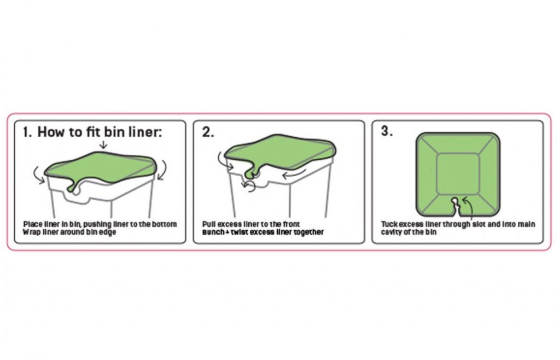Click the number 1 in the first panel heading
pyautogui.click(x=26, y=133)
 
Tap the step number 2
pyautogui.click(x=208, y=133)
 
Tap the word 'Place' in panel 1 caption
pyautogui.click(x=32, y=224)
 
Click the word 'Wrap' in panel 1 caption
pyautogui.click(x=31, y=232)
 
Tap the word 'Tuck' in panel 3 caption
pyautogui.click(x=389, y=224)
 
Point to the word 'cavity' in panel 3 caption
pyautogui.click(x=391, y=232)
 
